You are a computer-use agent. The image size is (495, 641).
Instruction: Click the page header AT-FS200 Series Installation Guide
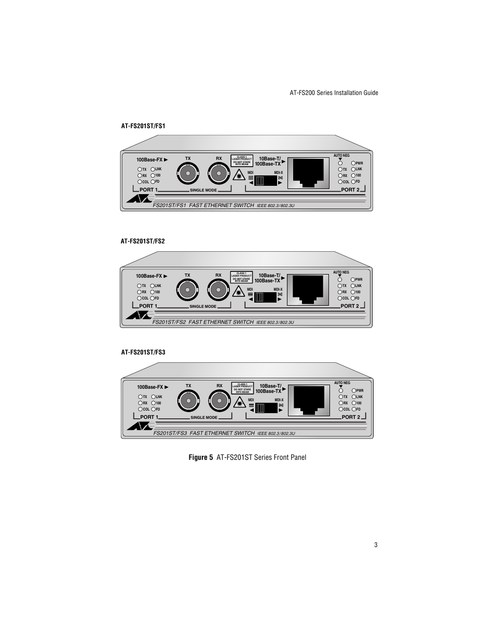tap(334, 93)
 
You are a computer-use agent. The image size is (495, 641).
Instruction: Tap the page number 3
tap(376, 545)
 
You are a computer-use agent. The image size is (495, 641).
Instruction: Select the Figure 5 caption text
tap(247, 457)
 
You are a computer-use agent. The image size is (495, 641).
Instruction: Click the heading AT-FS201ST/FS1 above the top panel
tap(143, 126)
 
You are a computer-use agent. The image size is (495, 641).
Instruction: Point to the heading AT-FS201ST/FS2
tap(143, 241)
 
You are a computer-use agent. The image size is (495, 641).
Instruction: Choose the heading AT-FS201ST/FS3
tap(143, 352)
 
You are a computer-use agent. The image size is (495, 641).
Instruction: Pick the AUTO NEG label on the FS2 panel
tap(341, 272)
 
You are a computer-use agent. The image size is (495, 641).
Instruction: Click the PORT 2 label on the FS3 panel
tap(351, 417)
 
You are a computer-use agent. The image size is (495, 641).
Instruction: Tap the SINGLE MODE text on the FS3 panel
tap(204, 417)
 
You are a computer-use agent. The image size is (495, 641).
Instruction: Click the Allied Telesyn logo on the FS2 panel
tap(139, 315)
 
